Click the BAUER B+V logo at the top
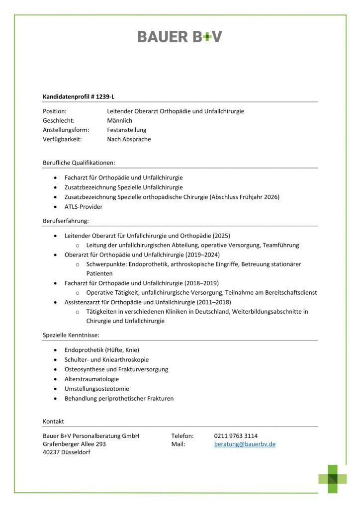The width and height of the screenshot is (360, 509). click(x=180, y=36)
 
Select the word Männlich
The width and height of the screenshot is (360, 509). click(x=119, y=120)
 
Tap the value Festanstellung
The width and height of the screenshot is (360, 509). click(x=126, y=130)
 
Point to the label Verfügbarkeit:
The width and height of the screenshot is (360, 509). click(x=62, y=139)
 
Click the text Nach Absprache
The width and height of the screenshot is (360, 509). click(x=129, y=139)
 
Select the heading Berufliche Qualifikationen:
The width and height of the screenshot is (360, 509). click(x=79, y=163)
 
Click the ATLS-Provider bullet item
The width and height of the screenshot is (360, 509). click(x=84, y=206)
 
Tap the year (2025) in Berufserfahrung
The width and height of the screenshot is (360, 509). click(x=221, y=236)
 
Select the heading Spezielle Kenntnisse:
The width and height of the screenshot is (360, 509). click(x=71, y=336)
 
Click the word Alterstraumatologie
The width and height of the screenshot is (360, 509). click(x=91, y=379)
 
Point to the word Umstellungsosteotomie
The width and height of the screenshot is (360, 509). click(x=96, y=389)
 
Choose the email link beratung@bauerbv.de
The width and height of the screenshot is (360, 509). click(x=245, y=444)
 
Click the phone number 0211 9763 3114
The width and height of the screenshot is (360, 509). click(x=236, y=436)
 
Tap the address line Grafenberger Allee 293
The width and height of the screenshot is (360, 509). click(x=75, y=444)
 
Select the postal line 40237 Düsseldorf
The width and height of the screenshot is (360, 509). click(x=67, y=452)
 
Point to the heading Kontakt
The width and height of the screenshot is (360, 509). click(x=54, y=421)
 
